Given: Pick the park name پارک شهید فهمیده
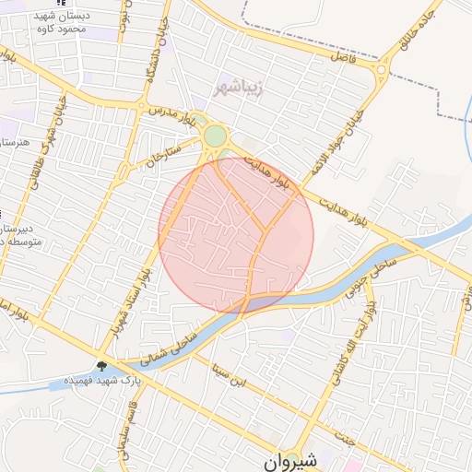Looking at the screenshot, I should point(105,380).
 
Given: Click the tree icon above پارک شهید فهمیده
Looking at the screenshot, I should point(101,364).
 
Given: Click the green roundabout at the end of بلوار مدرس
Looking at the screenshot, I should point(215,136).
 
